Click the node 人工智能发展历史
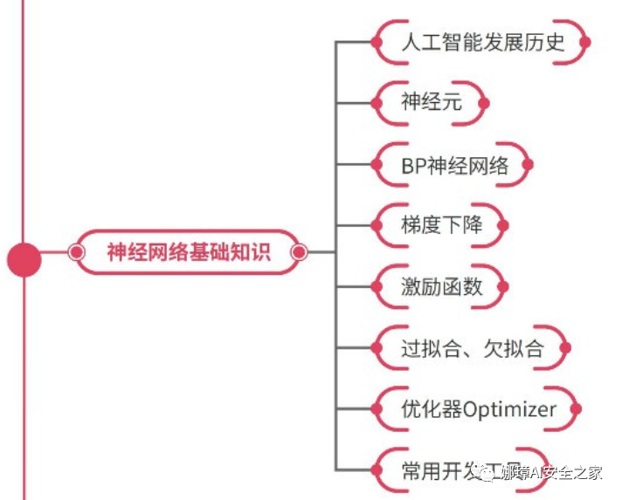(x=482, y=42)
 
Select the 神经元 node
(x=431, y=103)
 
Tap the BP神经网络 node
(x=453, y=165)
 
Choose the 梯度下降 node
(x=441, y=226)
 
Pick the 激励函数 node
(x=441, y=287)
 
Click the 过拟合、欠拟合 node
(x=472, y=349)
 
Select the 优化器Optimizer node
(x=478, y=409)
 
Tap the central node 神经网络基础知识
(x=188, y=253)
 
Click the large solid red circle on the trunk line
(x=24, y=259)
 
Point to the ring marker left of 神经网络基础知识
(x=76, y=253)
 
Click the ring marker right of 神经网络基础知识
(x=298, y=253)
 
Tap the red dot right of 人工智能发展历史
(x=586, y=42)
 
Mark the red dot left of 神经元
(x=377, y=103)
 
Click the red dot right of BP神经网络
(x=529, y=165)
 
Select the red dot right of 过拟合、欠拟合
(x=566, y=349)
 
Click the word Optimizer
(x=510, y=409)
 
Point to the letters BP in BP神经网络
(x=413, y=165)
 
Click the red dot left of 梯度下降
(x=377, y=226)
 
